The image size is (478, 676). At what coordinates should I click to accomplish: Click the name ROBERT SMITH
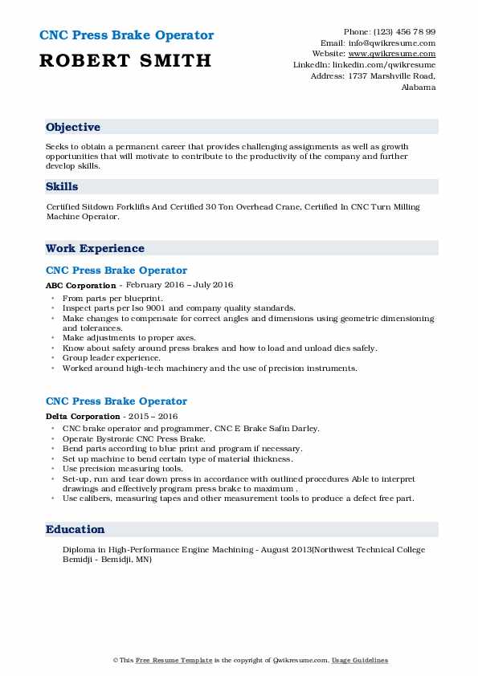click(125, 60)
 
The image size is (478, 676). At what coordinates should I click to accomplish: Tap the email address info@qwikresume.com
click(399, 43)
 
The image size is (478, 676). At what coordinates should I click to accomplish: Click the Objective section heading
click(73, 128)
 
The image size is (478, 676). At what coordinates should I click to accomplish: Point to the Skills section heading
click(63, 186)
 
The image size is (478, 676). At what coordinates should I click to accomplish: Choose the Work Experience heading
click(95, 248)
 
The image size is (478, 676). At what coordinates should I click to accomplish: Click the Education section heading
click(76, 529)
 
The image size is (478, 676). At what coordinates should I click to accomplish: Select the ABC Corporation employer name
click(81, 286)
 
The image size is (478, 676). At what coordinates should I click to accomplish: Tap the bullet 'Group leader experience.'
click(111, 358)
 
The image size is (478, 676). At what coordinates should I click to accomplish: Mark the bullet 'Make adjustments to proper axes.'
click(129, 338)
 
